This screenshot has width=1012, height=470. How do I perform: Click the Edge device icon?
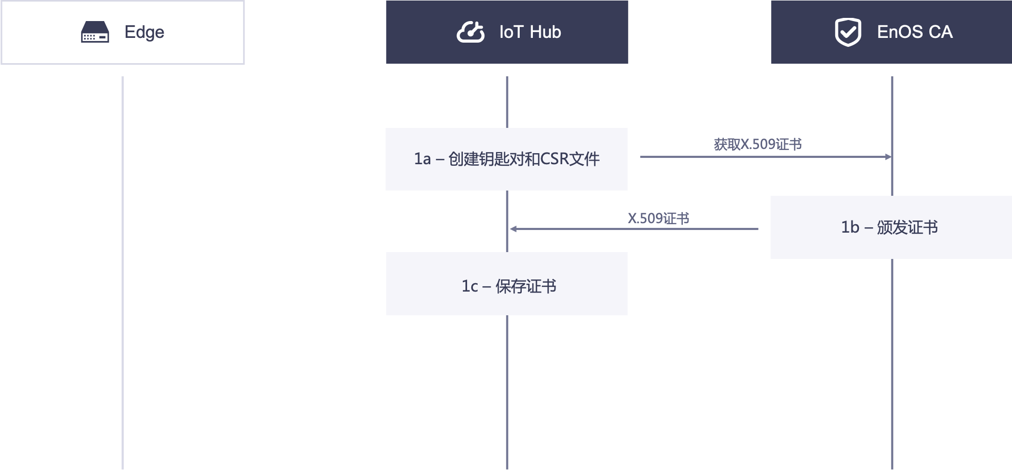coord(95,32)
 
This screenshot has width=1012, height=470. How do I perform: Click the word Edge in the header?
coord(144,32)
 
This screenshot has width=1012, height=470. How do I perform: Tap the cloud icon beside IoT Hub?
coord(470,32)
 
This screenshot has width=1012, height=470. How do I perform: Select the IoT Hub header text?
coord(530,32)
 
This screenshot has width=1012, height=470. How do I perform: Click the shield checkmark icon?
coord(848,32)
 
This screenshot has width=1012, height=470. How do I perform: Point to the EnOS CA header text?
coord(915,32)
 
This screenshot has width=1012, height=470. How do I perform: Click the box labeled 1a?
coord(507,159)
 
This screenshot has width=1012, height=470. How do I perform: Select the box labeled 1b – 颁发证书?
coord(890,227)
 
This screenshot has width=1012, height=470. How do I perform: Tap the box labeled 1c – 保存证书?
coord(507,284)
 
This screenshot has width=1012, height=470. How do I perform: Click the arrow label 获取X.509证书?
coord(757,144)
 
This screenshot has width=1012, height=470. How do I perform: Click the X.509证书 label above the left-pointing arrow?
coord(658,218)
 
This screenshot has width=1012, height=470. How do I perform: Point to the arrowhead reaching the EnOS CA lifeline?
coord(888,157)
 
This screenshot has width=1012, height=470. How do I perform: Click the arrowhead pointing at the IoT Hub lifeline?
coord(513,229)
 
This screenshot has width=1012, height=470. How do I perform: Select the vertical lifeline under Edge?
coord(123,274)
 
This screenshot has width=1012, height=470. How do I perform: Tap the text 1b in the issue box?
coord(849,227)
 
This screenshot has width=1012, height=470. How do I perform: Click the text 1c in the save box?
coord(470,286)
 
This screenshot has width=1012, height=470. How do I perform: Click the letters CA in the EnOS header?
coord(940,32)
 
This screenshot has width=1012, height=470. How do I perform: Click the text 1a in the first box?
coord(422,159)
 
